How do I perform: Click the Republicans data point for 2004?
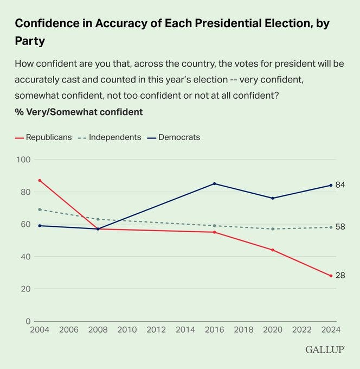[40, 180]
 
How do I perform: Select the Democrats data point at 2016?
[214, 183]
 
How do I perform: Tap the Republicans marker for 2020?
[272, 250]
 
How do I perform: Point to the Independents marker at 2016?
[214, 226]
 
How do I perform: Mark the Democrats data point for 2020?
[272, 198]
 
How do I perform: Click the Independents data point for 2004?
[40, 209]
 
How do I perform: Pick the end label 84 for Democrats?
[340, 185]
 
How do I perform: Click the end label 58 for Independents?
[340, 227]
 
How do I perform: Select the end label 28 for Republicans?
[340, 276]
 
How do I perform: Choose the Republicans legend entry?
[43, 137]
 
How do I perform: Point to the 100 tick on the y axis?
[23, 160]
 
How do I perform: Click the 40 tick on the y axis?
[25, 257]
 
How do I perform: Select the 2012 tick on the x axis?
[156, 329]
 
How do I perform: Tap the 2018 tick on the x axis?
[243, 329]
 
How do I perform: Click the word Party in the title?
[30, 41]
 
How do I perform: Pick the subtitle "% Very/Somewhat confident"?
[79, 112]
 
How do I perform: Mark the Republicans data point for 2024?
[330, 276]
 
